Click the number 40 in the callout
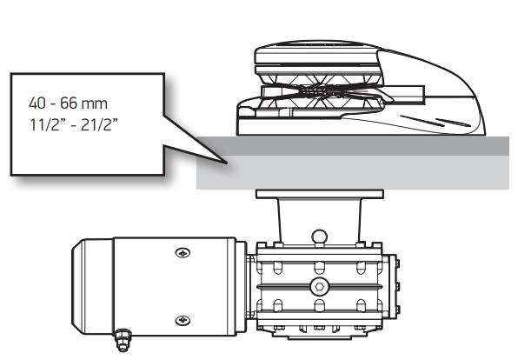(x=37, y=103)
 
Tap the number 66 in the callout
(x=69, y=103)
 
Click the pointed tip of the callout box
(x=227, y=163)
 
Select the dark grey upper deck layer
(x=353, y=145)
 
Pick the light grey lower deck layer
(x=353, y=172)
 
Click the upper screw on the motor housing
(x=183, y=253)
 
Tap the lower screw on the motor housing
(x=183, y=320)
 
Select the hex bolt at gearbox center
(x=319, y=287)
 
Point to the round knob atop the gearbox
(x=320, y=237)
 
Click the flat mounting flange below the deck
(x=320, y=194)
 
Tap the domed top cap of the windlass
(x=317, y=53)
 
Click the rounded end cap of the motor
(x=92, y=287)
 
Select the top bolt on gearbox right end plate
(x=397, y=263)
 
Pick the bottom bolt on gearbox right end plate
(x=397, y=310)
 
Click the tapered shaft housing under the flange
(x=320, y=221)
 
